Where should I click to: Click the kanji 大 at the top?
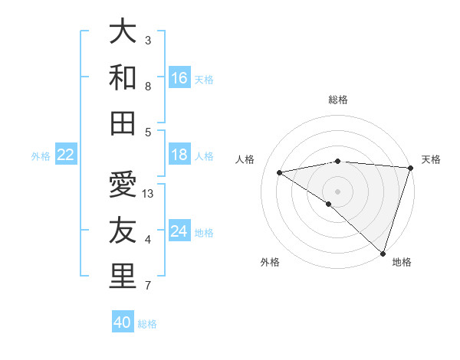coord(123,32)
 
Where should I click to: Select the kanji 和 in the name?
coord(123,77)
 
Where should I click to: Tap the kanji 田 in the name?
coord(123,123)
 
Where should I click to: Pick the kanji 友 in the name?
coord(123,231)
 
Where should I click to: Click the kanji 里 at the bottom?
coord(123,276)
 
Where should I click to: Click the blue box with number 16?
coord(179,77)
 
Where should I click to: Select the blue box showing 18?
coord(179,155)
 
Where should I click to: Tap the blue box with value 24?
coord(179,231)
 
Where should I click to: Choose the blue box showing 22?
coord(66,155)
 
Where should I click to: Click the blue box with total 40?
coord(123,322)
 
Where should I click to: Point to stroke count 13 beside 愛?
coord(149,194)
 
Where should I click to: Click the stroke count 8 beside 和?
coord(148,87)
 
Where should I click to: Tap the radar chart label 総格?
coord(338,100)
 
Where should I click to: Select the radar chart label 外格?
coord(270,262)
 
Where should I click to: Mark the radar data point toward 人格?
coord(280,172)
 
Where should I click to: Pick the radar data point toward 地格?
coord(383,253)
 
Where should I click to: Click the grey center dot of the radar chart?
coord(337,191)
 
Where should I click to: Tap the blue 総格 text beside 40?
coord(147,324)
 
